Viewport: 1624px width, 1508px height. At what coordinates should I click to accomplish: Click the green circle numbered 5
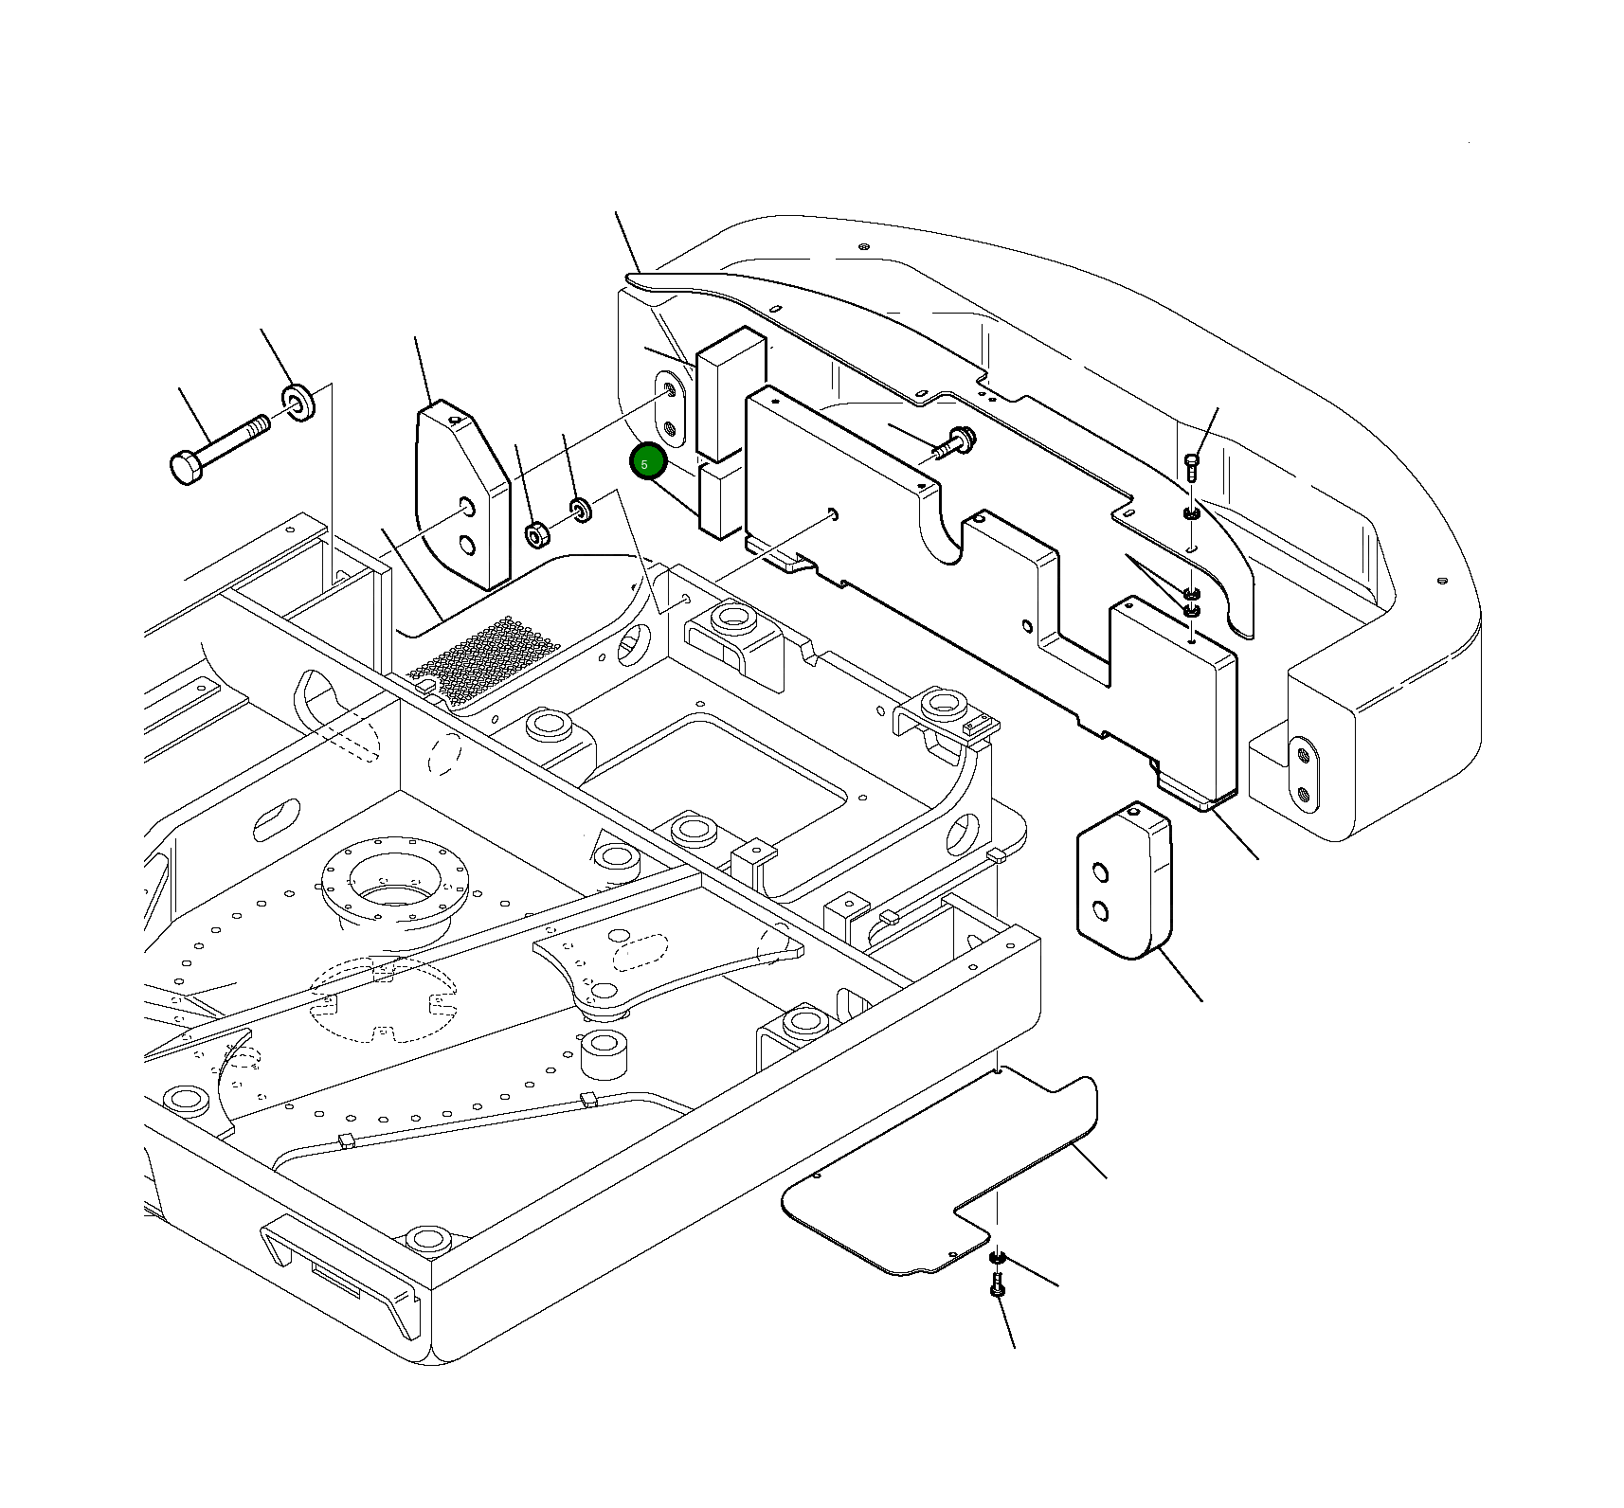click(648, 463)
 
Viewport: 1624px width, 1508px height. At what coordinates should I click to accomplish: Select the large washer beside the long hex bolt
click(299, 402)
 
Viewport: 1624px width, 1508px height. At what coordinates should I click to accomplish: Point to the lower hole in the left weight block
click(466, 545)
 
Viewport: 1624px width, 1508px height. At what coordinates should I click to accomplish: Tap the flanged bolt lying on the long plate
click(953, 442)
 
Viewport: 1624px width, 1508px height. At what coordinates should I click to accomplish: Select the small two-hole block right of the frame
click(1124, 882)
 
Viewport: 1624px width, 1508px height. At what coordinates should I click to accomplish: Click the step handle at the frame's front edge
click(336, 1274)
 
